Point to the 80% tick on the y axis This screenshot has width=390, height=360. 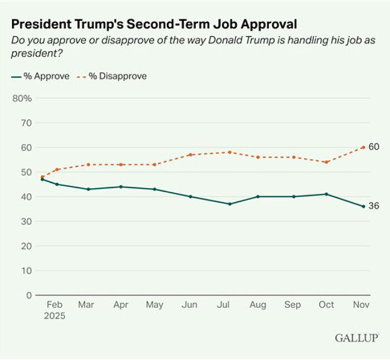[x=22, y=99]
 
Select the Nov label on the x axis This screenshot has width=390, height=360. [x=363, y=305]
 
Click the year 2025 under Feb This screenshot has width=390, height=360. [x=54, y=316]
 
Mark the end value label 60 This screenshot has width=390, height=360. [x=374, y=147]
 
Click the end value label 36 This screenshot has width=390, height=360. [x=374, y=206]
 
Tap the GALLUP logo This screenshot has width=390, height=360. [x=357, y=338]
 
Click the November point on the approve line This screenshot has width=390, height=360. [x=363, y=206]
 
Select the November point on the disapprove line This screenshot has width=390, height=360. [x=363, y=147]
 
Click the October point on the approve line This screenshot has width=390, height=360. [x=326, y=194]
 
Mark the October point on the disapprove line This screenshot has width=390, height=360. [x=326, y=162]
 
